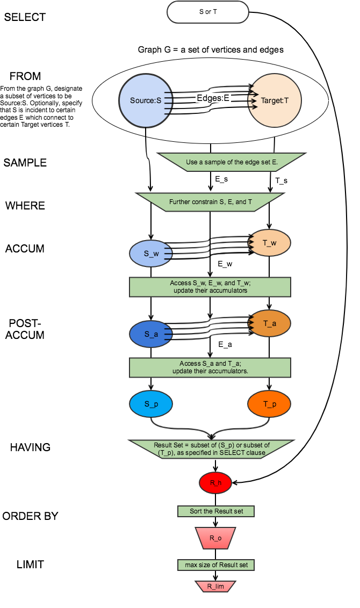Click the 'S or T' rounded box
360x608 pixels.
pyautogui.click(x=208, y=12)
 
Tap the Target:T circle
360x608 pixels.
pyautogui.click(x=275, y=100)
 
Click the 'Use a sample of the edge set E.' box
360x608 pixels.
pyautogui.click(x=232, y=162)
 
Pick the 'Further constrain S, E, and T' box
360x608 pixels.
pyautogui.click(x=210, y=202)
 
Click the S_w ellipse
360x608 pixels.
pyautogui.click(x=151, y=252)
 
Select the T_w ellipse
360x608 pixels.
pyautogui.click(x=269, y=242)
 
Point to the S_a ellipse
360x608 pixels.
pyautogui.click(x=151, y=334)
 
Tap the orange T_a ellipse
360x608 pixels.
pyautogui.click(x=269, y=323)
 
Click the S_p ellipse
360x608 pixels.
pyautogui.click(x=151, y=403)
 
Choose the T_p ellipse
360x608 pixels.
pyautogui.click(x=269, y=403)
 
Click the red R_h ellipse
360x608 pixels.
pyautogui.click(x=215, y=483)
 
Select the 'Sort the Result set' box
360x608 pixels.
pyautogui.click(x=215, y=511)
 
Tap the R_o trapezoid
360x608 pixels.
pyautogui.click(x=215, y=537)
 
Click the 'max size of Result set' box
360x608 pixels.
pyautogui.click(x=215, y=564)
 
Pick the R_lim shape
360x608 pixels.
pyautogui.click(x=215, y=586)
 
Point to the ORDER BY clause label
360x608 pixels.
pyautogui.click(x=30, y=516)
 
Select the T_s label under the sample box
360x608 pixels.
pyautogui.click(x=281, y=180)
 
